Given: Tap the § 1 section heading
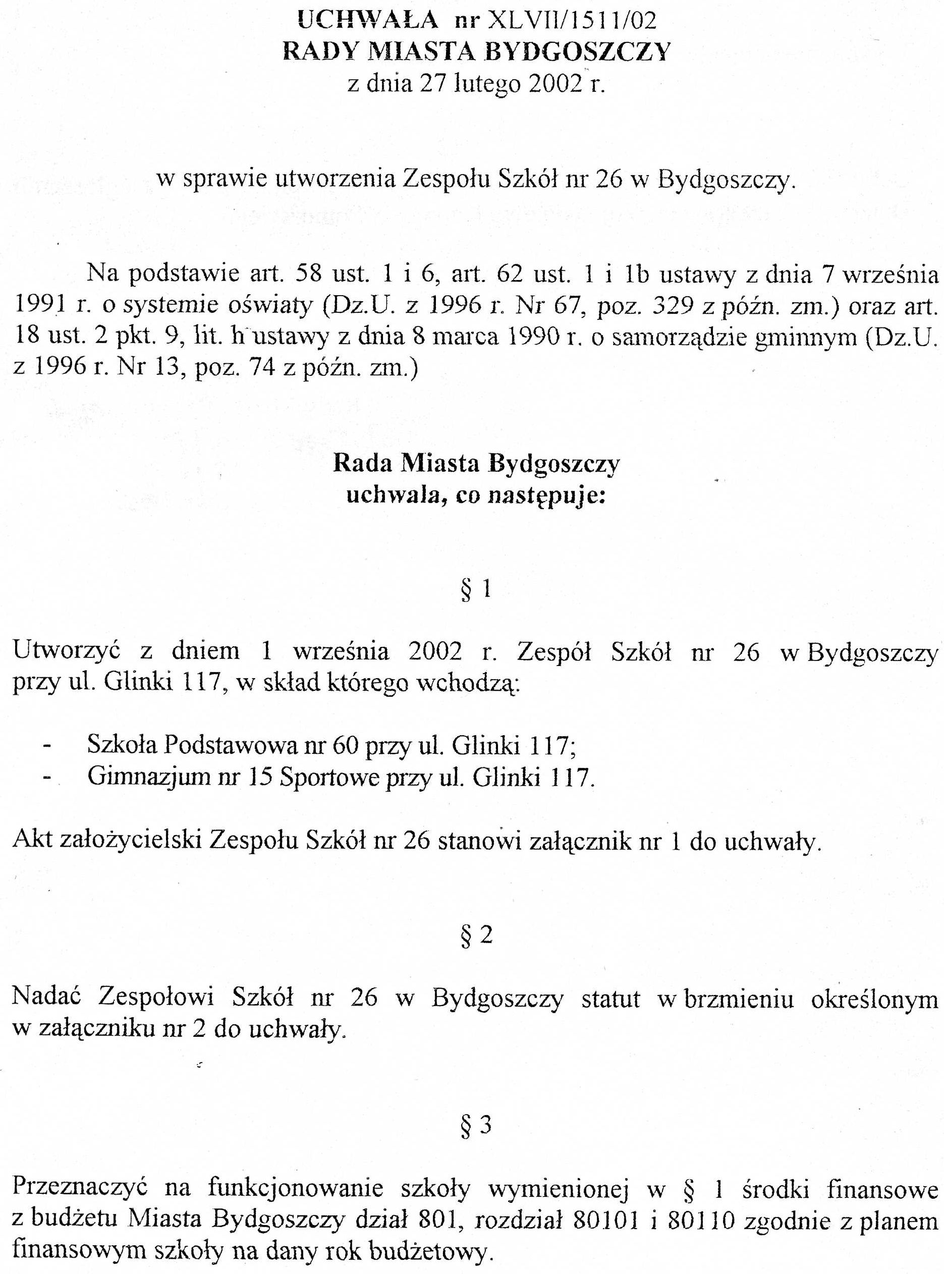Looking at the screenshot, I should click(476, 589).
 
